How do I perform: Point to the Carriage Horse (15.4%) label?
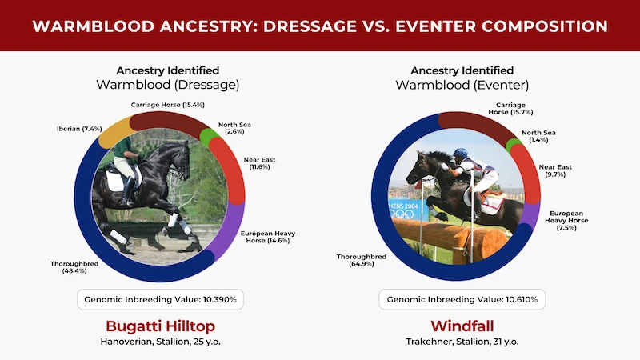click(x=168, y=105)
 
